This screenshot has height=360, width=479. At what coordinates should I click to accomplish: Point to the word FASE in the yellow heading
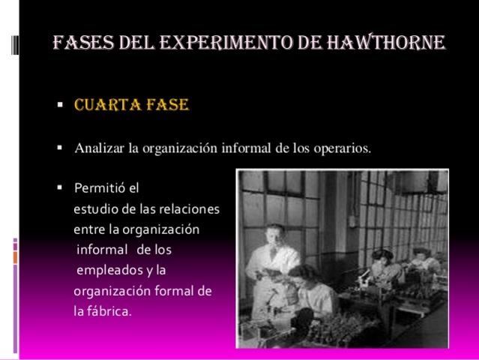pyautogui.click(x=166, y=104)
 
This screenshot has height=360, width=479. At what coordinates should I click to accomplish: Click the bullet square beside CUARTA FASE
pyautogui.click(x=60, y=105)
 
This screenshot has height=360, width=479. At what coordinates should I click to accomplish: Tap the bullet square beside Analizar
pyautogui.click(x=60, y=147)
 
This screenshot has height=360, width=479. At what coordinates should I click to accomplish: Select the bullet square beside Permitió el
pyautogui.click(x=60, y=187)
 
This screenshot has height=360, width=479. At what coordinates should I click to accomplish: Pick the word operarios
pyautogui.click(x=344, y=148)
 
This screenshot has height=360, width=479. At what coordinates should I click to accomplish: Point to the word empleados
pyautogui.click(x=109, y=269)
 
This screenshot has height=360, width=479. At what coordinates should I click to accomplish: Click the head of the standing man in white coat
pyautogui.click(x=276, y=235)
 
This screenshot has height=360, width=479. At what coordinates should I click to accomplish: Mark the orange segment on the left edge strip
pyautogui.click(x=14, y=257)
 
